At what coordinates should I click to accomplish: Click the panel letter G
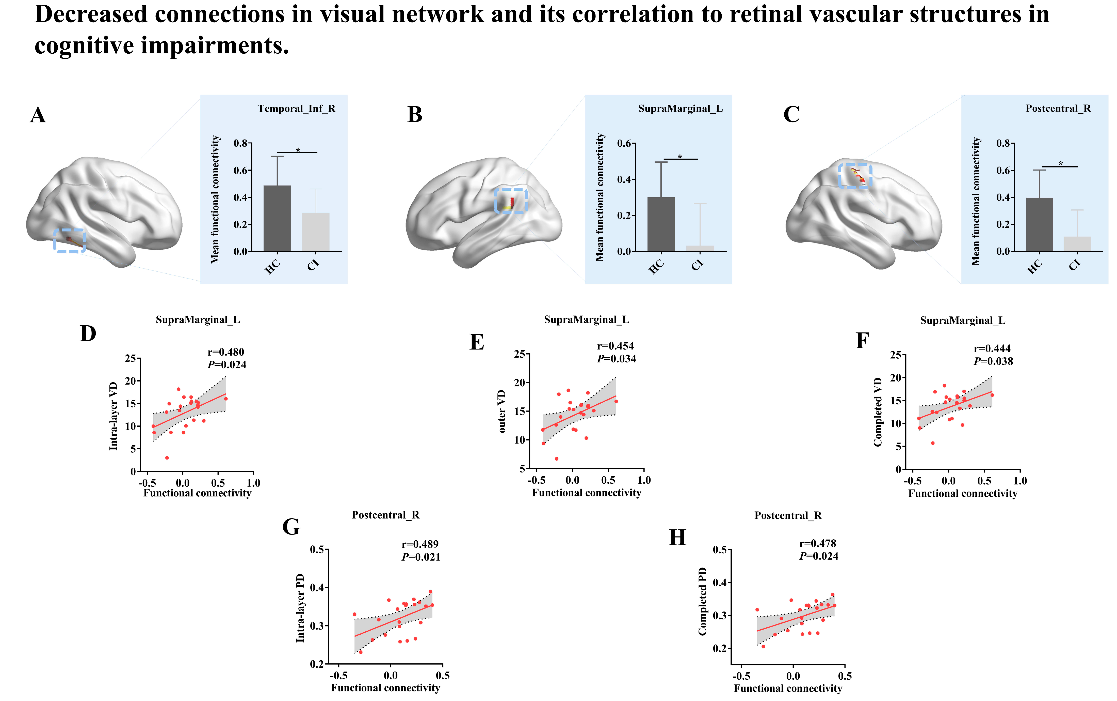click(291, 527)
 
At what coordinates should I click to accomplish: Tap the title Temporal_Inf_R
click(296, 109)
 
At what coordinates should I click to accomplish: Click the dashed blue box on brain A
click(70, 240)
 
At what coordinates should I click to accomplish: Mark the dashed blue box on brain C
click(855, 176)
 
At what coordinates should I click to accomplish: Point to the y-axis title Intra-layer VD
click(113, 416)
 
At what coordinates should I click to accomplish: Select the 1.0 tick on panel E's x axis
click(644, 480)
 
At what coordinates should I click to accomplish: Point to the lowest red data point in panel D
click(167, 458)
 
